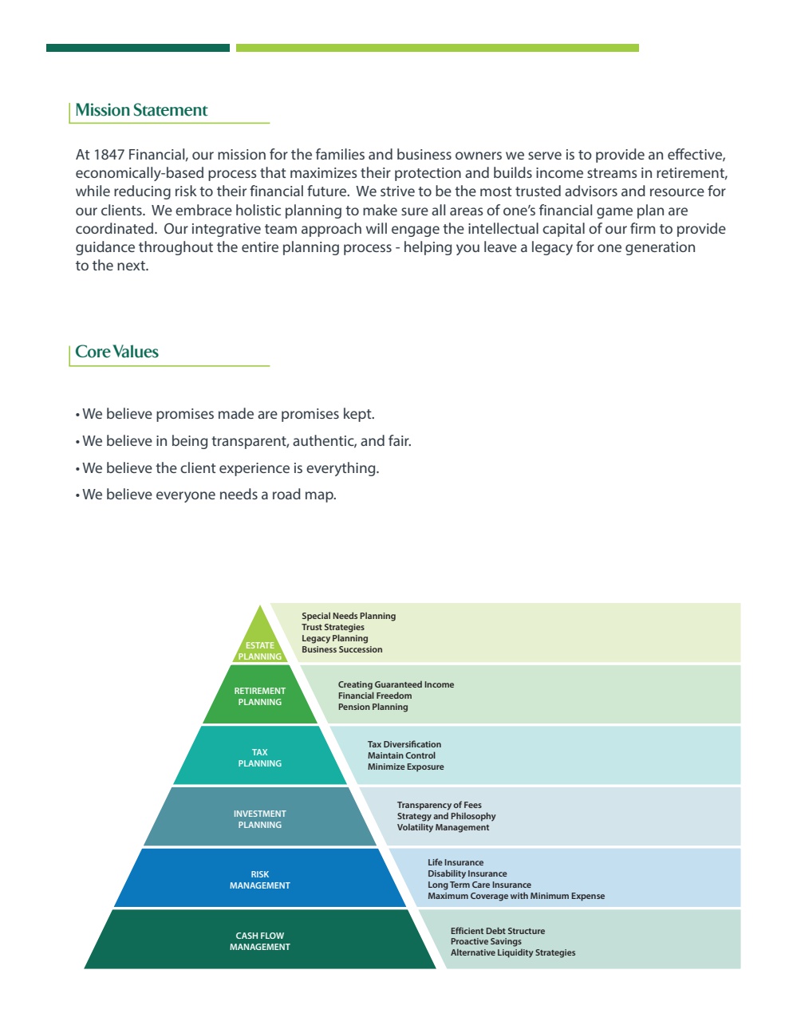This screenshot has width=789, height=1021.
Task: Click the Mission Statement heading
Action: point(141,111)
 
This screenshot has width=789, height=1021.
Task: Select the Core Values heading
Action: point(116,353)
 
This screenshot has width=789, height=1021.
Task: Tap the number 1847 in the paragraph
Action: point(108,155)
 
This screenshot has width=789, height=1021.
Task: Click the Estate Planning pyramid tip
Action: point(260,643)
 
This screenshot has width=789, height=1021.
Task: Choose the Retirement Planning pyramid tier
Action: point(260,696)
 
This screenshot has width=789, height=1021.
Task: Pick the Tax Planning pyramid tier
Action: point(260,758)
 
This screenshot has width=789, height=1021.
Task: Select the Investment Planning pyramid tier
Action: point(260,819)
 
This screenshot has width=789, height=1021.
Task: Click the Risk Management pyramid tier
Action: point(260,880)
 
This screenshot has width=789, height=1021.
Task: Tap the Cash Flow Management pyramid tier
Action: point(260,941)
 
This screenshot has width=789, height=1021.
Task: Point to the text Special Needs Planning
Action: point(349,616)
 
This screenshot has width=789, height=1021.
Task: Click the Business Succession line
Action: point(342,649)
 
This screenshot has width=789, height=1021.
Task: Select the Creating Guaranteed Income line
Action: point(396,684)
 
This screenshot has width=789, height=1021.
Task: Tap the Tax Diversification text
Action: point(404,744)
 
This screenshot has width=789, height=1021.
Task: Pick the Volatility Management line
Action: point(444,827)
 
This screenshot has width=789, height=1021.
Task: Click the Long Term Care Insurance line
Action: point(479,885)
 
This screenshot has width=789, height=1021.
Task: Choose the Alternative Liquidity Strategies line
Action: point(513,952)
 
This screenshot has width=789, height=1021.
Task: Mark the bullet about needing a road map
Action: point(209,495)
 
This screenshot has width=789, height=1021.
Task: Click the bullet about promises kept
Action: point(228,414)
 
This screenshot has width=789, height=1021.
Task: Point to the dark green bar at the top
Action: point(138,48)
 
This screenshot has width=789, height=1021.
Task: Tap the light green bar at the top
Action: point(437,48)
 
